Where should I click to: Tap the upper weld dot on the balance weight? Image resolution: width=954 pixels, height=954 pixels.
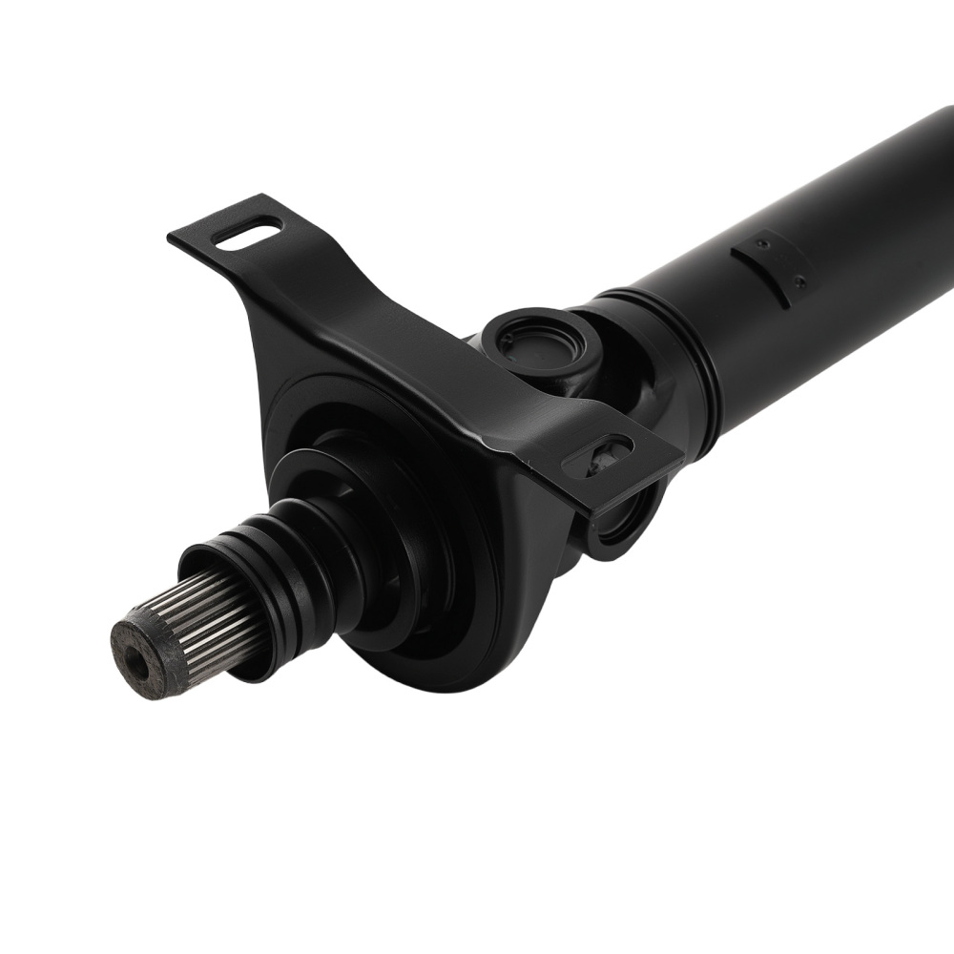(x=760, y=244)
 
